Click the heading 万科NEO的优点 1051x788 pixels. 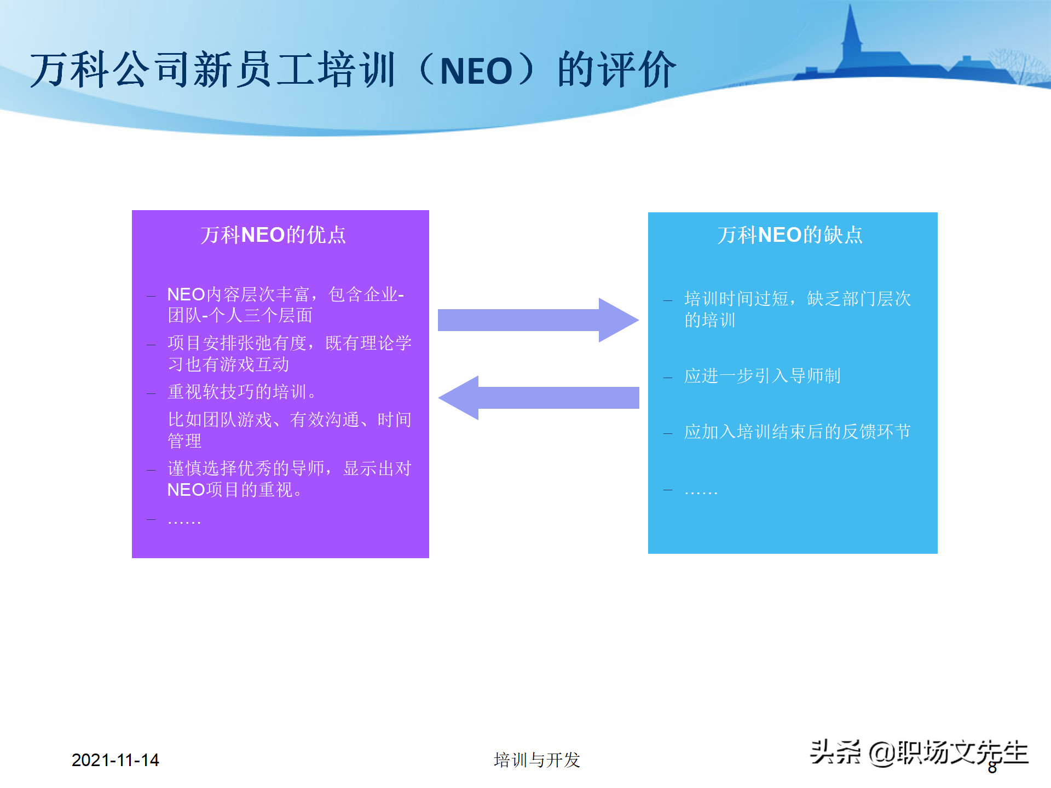273,235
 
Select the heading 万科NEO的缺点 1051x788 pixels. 790,235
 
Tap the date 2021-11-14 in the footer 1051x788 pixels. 115,760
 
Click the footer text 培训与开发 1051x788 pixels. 536,760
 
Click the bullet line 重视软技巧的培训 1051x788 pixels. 241,392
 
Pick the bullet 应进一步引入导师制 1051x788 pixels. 762,376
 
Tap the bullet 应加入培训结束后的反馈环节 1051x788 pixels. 797,432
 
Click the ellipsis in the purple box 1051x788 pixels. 184,520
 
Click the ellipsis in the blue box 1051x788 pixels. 701,491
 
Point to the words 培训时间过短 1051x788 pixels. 736,299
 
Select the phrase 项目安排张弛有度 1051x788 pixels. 237,343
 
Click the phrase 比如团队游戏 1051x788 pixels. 219,420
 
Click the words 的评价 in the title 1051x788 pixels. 617,70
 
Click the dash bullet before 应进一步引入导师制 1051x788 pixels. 667,377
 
